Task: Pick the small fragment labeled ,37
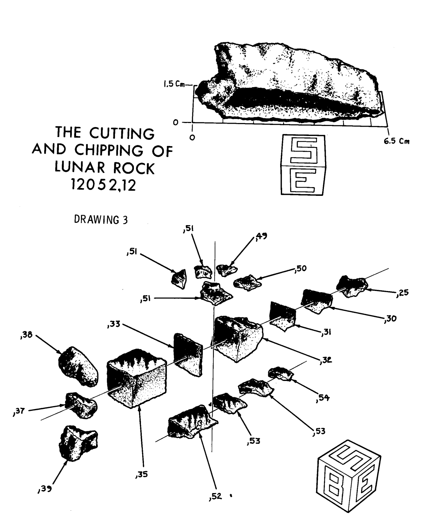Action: pyautogui.click(x=81, y=405)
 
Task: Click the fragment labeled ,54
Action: pyautogui.click(x=281, y=374)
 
